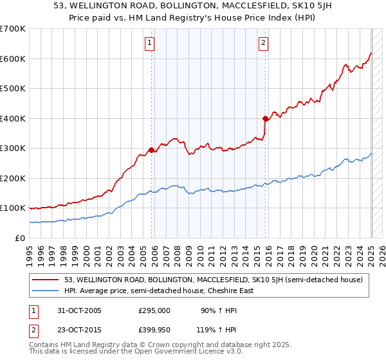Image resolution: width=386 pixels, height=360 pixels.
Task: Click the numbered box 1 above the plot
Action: tap(149, 43)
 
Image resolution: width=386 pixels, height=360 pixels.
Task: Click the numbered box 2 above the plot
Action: tap(264, 43)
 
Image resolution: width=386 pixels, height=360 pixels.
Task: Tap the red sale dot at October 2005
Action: tap(152, 150)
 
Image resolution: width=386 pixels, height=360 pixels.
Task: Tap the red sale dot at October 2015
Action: tap(266, 118)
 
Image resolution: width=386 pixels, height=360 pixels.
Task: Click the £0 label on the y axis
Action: tap(21, 238)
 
